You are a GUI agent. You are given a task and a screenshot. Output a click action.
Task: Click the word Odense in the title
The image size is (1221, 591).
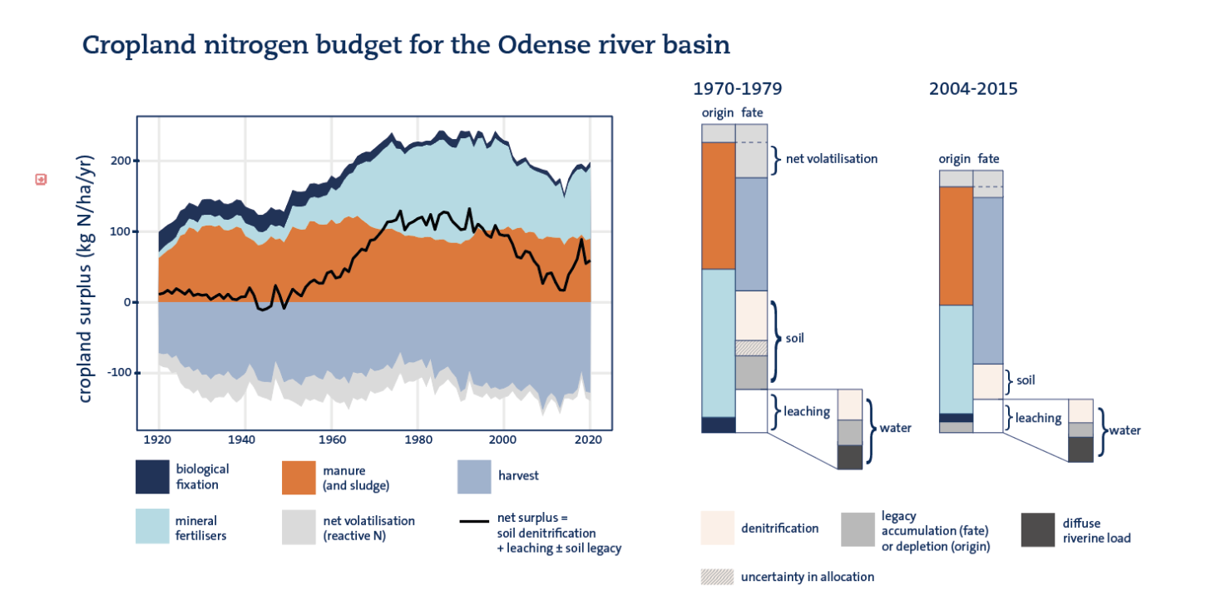click(x=543, y=45)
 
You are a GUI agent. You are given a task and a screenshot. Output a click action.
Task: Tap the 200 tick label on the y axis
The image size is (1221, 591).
click(x=121, y=161)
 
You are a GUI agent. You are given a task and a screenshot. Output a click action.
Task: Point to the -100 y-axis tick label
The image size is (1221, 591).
click(x=120, y=373)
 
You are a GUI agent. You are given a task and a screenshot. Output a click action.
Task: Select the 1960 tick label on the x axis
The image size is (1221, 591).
click(x=332, y=440)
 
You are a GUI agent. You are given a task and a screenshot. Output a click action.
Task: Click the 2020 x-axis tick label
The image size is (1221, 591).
click(x=588, y=440)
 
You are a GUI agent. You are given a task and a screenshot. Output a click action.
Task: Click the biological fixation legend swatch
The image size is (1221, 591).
click(x=153, y=477)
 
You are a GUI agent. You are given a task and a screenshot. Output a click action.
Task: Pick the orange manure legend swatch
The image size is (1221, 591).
click(x=299, y=478)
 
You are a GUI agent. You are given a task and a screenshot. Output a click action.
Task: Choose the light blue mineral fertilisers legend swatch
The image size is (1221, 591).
click(x=153, y=526)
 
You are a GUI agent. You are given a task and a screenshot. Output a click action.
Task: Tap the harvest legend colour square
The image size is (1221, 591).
click(x=474, y=477)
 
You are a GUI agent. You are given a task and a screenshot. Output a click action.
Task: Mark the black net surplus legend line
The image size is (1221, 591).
click(x=474, y=522)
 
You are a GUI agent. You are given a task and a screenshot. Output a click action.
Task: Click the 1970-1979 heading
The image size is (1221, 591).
click(x=738, y=88)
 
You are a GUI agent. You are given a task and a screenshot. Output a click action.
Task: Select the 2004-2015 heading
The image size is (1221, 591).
click(x=973, y=88)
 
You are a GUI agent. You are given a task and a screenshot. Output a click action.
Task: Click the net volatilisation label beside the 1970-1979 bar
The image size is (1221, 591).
click(x=832, y=159)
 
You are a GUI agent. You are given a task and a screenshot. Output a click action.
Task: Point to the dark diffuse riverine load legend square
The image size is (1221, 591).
click(x=1038, y=529)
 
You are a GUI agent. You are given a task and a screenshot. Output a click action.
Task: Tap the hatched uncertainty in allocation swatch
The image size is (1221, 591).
click(x=717, y=577)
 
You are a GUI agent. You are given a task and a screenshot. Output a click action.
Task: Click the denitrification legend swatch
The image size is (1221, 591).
click(x=717, y=528)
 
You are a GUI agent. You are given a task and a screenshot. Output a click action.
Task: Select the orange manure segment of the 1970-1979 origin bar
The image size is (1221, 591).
click(x=719, y=206)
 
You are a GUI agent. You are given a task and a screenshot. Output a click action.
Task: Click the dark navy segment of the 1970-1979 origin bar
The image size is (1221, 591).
click(x=719, y=425)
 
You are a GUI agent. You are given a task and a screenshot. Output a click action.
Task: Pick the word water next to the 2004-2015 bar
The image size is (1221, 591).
click(x=1125, y=430)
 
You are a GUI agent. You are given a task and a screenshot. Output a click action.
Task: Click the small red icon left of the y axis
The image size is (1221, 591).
click(x=41, y=180)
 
